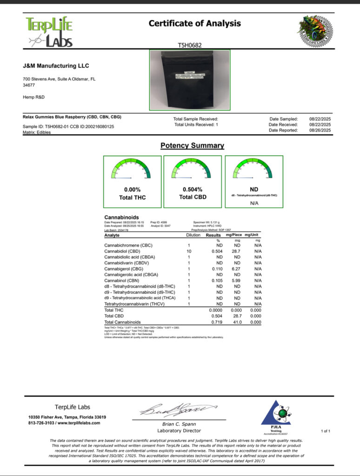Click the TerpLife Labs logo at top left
pos(49,32)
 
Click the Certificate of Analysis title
pos(195,23)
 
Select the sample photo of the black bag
pos(189,79)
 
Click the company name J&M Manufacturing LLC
pos(56,66)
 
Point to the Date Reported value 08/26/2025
pos(320,130)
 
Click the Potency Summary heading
pos(192,145)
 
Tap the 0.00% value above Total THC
pos(132,190)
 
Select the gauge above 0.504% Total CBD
pos(193,171)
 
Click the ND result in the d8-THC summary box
pos(254,190)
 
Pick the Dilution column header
pos(189,235)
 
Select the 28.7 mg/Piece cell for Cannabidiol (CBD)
pos(237,251)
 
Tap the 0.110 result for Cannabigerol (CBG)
pos(218,269)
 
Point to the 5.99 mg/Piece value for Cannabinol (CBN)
pos(237,280)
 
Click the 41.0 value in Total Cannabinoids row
pos(237,322)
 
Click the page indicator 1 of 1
pos(325,431)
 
